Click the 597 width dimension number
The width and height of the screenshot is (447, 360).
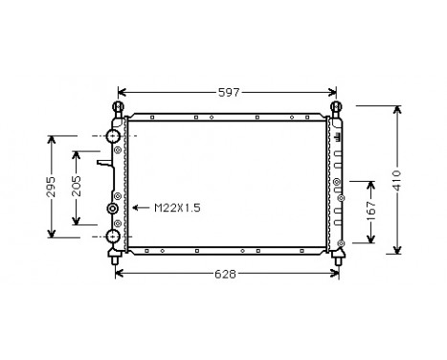[227, 92]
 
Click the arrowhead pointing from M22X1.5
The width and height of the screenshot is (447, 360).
[133, 207]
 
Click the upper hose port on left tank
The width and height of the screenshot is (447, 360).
[113, 137]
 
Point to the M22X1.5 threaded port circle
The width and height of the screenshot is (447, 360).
[113, 208]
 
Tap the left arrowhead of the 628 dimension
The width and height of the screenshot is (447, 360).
[119, 273]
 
